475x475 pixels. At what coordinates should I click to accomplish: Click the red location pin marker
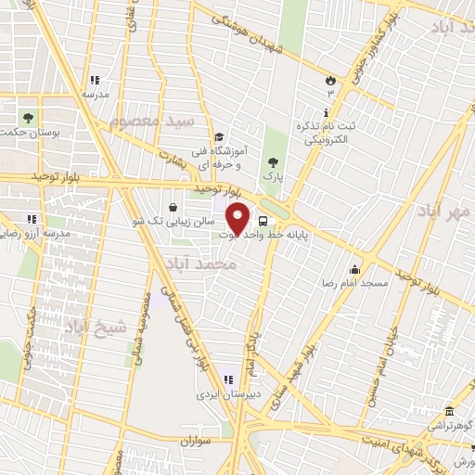239,218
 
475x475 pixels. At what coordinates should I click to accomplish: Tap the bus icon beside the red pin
264,222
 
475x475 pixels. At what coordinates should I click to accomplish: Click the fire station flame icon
330,79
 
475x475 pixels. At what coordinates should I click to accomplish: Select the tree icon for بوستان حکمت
30,118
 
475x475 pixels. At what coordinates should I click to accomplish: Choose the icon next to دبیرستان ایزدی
226,379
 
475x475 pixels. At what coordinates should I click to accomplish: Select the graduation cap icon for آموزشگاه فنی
218,137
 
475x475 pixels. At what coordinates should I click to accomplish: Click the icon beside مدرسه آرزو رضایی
31,219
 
